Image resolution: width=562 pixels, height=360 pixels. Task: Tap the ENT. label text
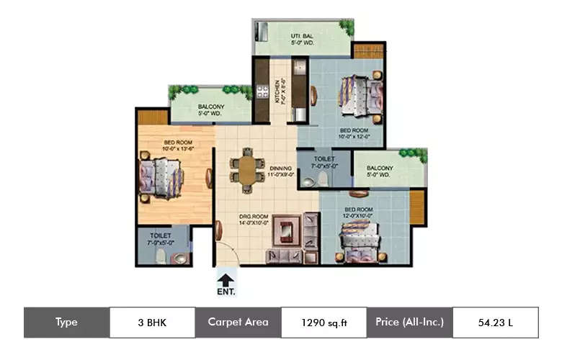(x=226, y=292)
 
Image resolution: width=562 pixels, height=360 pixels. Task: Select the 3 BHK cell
(x=152, y=323)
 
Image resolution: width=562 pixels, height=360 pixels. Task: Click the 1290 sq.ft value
(x=324, y=323)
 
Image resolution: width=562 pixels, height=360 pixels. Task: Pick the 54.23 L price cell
(x=495, y=323)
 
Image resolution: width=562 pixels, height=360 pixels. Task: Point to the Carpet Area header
(x=238, y=323)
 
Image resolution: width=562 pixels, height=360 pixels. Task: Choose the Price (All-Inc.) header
(x=409, y=323)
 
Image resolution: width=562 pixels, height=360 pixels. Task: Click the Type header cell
(x=66, y=323)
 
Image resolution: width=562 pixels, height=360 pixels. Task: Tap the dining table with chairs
(x=246, y=170)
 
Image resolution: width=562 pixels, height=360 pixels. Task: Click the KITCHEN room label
(x=278, y=91)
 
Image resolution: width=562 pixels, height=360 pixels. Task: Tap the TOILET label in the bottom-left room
(x=160, y=235)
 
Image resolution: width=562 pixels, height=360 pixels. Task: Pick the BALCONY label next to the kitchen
(x=211, y=107)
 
